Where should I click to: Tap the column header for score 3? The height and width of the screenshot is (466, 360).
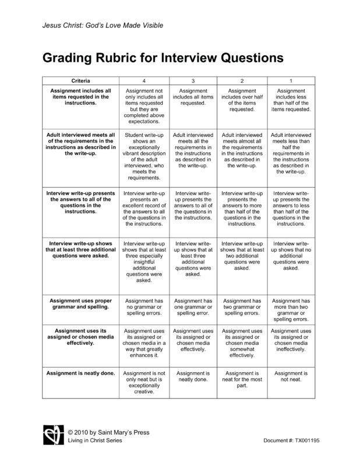(x=193, y=80)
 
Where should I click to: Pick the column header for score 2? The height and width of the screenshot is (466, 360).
(x=242, y=80)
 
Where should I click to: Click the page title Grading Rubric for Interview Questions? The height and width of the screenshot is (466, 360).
(x=162, y=58)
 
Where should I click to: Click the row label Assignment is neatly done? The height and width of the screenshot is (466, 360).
(x=80, y=372)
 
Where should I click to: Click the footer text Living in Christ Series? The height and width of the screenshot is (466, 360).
(x=96, y=444)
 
